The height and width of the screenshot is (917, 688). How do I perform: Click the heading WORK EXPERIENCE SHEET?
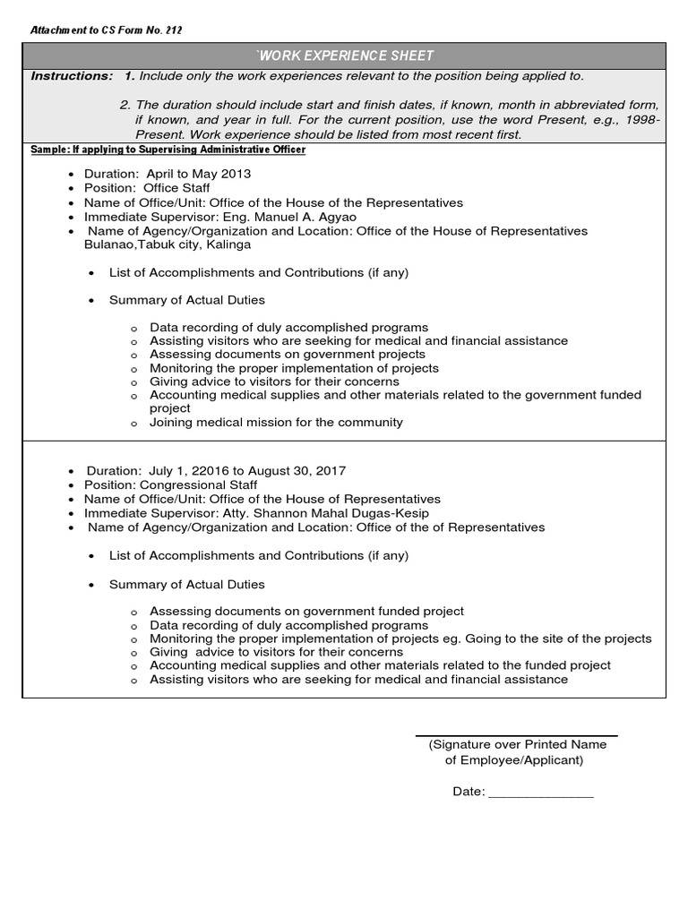click(344, 56)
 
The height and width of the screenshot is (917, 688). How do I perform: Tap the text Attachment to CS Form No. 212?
click(107, 30)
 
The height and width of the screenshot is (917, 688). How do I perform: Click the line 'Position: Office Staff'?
click(147, 188)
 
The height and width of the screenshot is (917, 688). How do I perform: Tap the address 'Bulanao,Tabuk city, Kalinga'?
click(168, 244)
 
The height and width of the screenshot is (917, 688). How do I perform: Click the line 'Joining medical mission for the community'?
click(276, 422)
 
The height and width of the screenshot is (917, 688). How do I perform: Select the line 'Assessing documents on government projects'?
click(288, 355)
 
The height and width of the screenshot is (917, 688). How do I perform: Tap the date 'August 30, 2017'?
click(299, 470)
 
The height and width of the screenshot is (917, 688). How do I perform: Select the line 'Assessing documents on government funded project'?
click(306, 611)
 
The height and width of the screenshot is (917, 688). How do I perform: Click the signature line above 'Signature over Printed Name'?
click(517, 735)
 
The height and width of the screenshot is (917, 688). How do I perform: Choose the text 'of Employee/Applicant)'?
click(514, 760)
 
